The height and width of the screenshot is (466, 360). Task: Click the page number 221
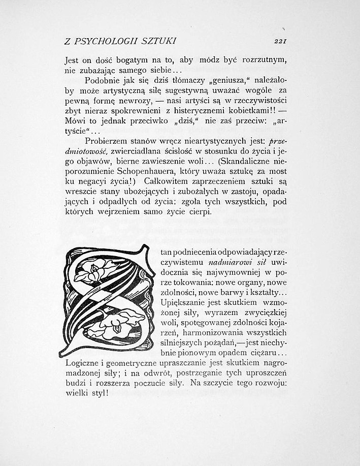281,42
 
